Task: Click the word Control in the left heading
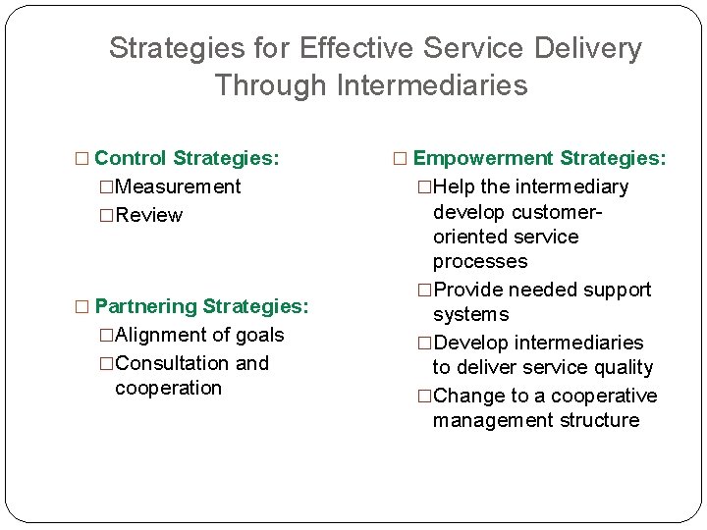tap(131, 158)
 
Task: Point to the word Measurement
tap(178, 186)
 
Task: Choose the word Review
tap(148, 215)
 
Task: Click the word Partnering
tap(146, 306)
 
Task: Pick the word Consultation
tap(172, 363)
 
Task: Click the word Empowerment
tap(482, 158)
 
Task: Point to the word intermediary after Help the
tap(570, 186)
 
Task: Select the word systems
tap(471, 314)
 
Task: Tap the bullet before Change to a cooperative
tap(424, 397)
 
